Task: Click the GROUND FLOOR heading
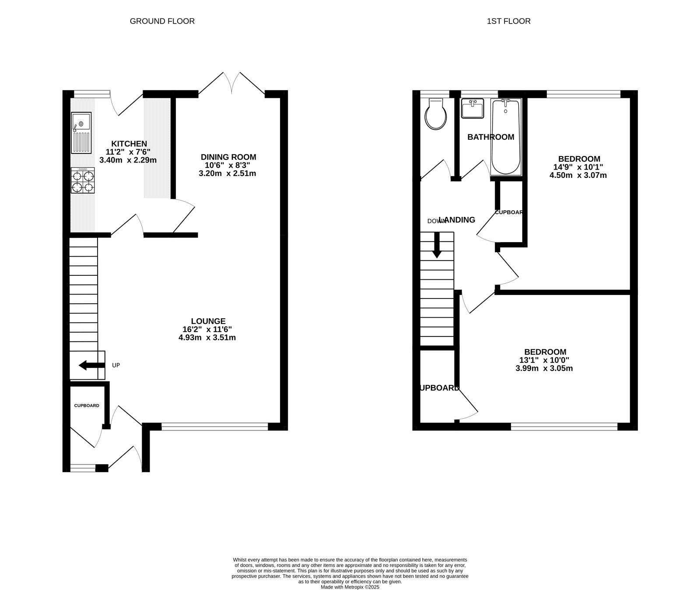pyautogui.click(x=162, y=21)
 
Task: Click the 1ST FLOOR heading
pyautogui.click(x=508, y=21)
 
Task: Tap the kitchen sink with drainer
pyautogui.click(x=81, y=133)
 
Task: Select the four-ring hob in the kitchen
pyautogui.click(x=83, y=181)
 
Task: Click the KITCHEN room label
pyautogui.click(x=129, y=144)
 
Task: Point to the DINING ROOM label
pyautogui.click(x=228, y=157)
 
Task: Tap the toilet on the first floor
pyautogui.click(x=436, y=114)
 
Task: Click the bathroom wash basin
pyautogui.click(x=472, y=108)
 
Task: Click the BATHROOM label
pyautogui.click(x=490, y=137)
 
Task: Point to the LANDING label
pyautogui.click(x=458, y=220)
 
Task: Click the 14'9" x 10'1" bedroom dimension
pyautogui.click(x=578, y=167)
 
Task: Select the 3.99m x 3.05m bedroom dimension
pyautogui.click(x=544, y=368)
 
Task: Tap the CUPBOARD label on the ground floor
pyautogui.click(x=86, y=406)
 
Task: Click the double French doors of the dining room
pyautogui.click(x=231, y=83)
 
